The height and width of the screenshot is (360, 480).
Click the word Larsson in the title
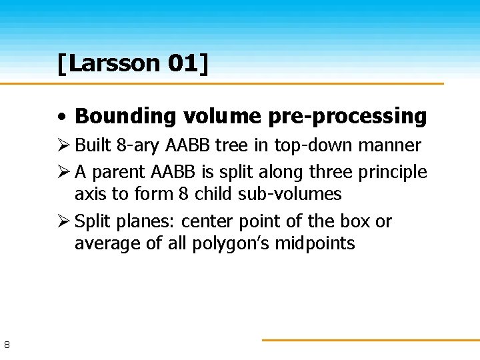click(x=114, y=63)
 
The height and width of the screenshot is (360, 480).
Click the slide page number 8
click(x=7, y=345)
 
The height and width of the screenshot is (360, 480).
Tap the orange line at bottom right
click(x=370, y=340)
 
